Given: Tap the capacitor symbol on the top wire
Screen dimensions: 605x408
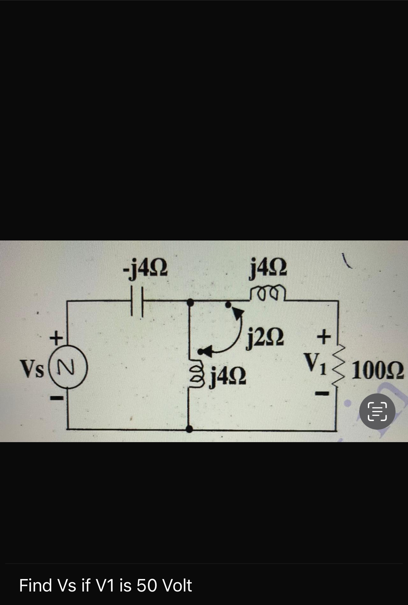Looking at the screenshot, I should tap(137, 301).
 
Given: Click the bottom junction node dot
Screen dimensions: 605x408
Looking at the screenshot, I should tap(189, 429).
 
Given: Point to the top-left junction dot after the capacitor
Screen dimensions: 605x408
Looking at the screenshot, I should tap(190, 302).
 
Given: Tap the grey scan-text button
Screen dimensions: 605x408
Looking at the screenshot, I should tap(377, 411).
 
